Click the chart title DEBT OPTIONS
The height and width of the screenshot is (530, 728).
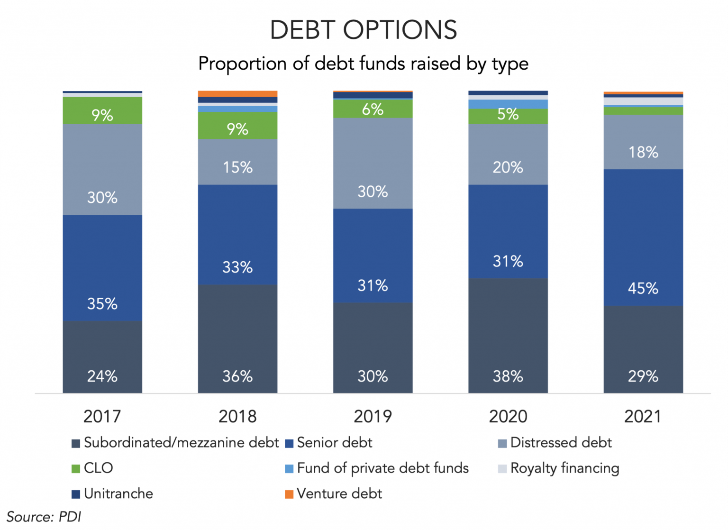tap(364, 30)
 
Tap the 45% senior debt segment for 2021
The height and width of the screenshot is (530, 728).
tap(643, 238)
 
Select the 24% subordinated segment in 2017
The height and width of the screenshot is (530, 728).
tap(102, 357)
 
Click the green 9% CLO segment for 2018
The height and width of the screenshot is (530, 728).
tap(237, 126)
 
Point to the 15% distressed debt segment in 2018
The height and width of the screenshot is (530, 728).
tap(237, 162)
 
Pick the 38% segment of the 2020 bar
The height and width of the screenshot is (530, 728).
tap(508, 336)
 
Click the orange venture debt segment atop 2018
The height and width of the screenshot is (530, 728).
tap(237, 94)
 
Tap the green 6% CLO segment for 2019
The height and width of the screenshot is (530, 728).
tap(373, 109)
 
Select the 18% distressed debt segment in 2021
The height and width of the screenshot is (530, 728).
tap(643, 142)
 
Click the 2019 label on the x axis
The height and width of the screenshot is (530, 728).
tap(373, 417)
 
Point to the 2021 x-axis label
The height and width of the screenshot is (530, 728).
tap(643, 417)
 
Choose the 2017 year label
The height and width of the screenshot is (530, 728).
tap(102, 417)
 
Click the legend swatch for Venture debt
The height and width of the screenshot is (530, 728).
tap(289, 494)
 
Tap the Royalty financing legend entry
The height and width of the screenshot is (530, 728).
tap(558, 468)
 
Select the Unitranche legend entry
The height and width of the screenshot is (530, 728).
tap(112, 494)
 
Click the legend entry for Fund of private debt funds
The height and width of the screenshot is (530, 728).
tap(377, 468)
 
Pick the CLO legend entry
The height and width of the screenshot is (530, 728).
tap(92, 468)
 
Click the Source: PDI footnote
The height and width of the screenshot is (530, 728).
tap(44, 517)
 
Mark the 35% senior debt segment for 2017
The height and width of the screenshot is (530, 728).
tap(102, 268)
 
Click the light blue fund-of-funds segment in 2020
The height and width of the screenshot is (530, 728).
tap(508, 104)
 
